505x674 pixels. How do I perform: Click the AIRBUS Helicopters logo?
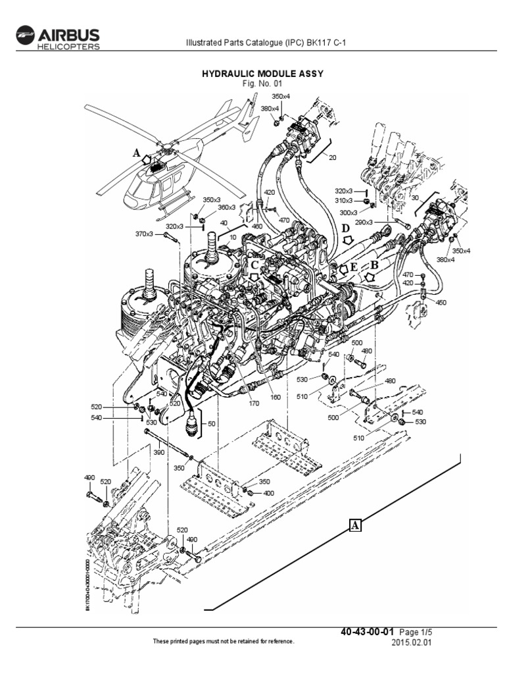coord(57,38)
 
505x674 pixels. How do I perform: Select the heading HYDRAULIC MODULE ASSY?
coord(262,74)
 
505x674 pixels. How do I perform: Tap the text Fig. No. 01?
coord(262,84)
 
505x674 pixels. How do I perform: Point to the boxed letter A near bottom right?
coord(355,525)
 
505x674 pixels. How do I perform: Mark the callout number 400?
coord(269,493)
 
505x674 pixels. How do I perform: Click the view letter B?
coord(374,265)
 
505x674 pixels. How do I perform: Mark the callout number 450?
coord(441,303)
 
